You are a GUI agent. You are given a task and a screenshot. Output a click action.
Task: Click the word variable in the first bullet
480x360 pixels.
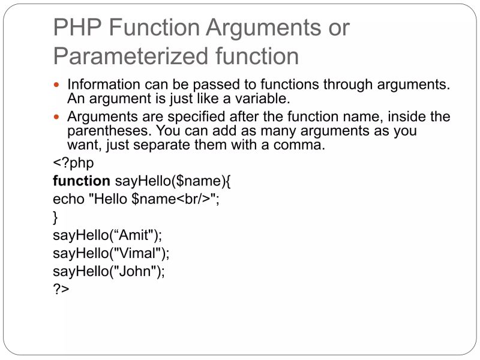[257, 98]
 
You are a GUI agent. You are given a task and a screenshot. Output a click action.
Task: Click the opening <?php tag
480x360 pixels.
[73, 163]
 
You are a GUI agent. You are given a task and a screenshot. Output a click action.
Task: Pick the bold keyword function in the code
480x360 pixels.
[81, 181]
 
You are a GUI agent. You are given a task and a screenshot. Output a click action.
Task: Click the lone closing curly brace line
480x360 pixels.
[56, 217]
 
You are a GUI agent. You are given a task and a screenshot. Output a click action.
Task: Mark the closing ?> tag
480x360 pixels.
[61, 289]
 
